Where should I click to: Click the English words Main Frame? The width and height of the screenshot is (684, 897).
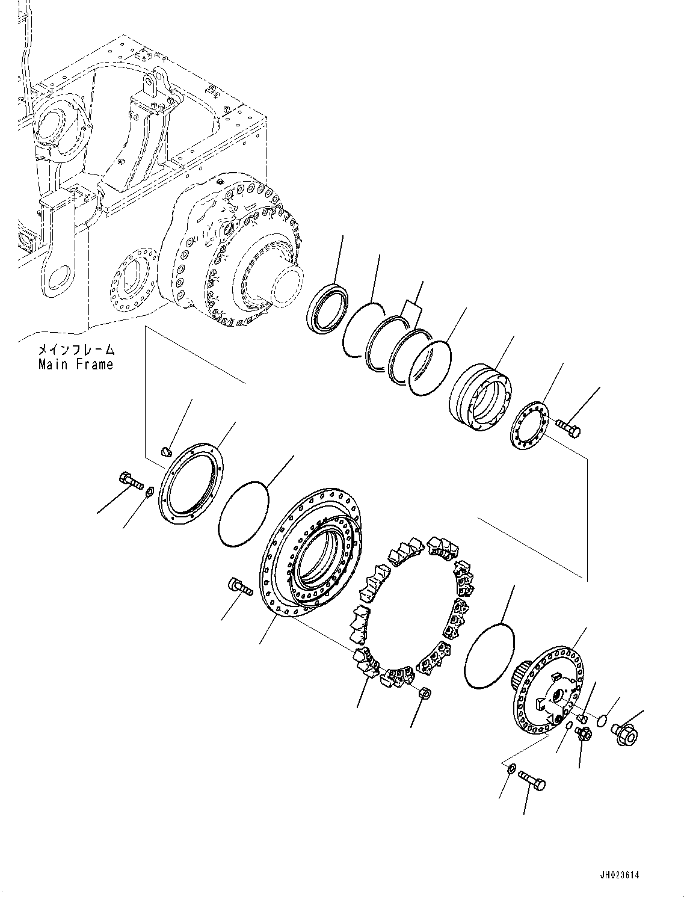tap(75, 365)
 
